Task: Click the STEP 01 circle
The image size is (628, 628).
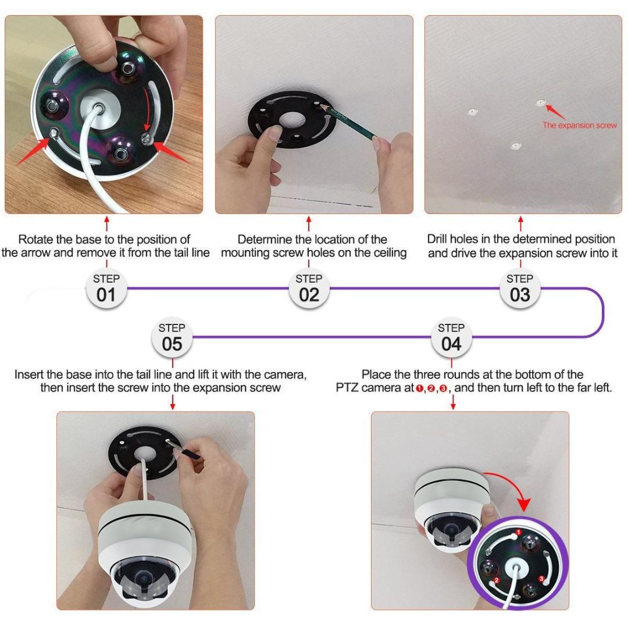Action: [106, 288]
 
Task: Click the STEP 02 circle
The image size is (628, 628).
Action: [309, 288]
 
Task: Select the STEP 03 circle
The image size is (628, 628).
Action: [520, 288]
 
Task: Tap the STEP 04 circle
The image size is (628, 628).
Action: [451, 338]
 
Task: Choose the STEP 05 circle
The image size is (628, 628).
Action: [172, 338]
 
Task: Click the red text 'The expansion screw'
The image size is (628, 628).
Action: [579, 125]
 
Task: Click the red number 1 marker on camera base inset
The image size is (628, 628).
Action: [518, 531]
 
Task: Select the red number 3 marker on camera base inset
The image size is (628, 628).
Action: [541, 579]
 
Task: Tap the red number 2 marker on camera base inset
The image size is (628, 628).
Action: [496, 580]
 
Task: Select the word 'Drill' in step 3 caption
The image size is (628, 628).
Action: [438, 240]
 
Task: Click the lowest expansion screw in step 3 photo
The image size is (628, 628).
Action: [513, 145]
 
